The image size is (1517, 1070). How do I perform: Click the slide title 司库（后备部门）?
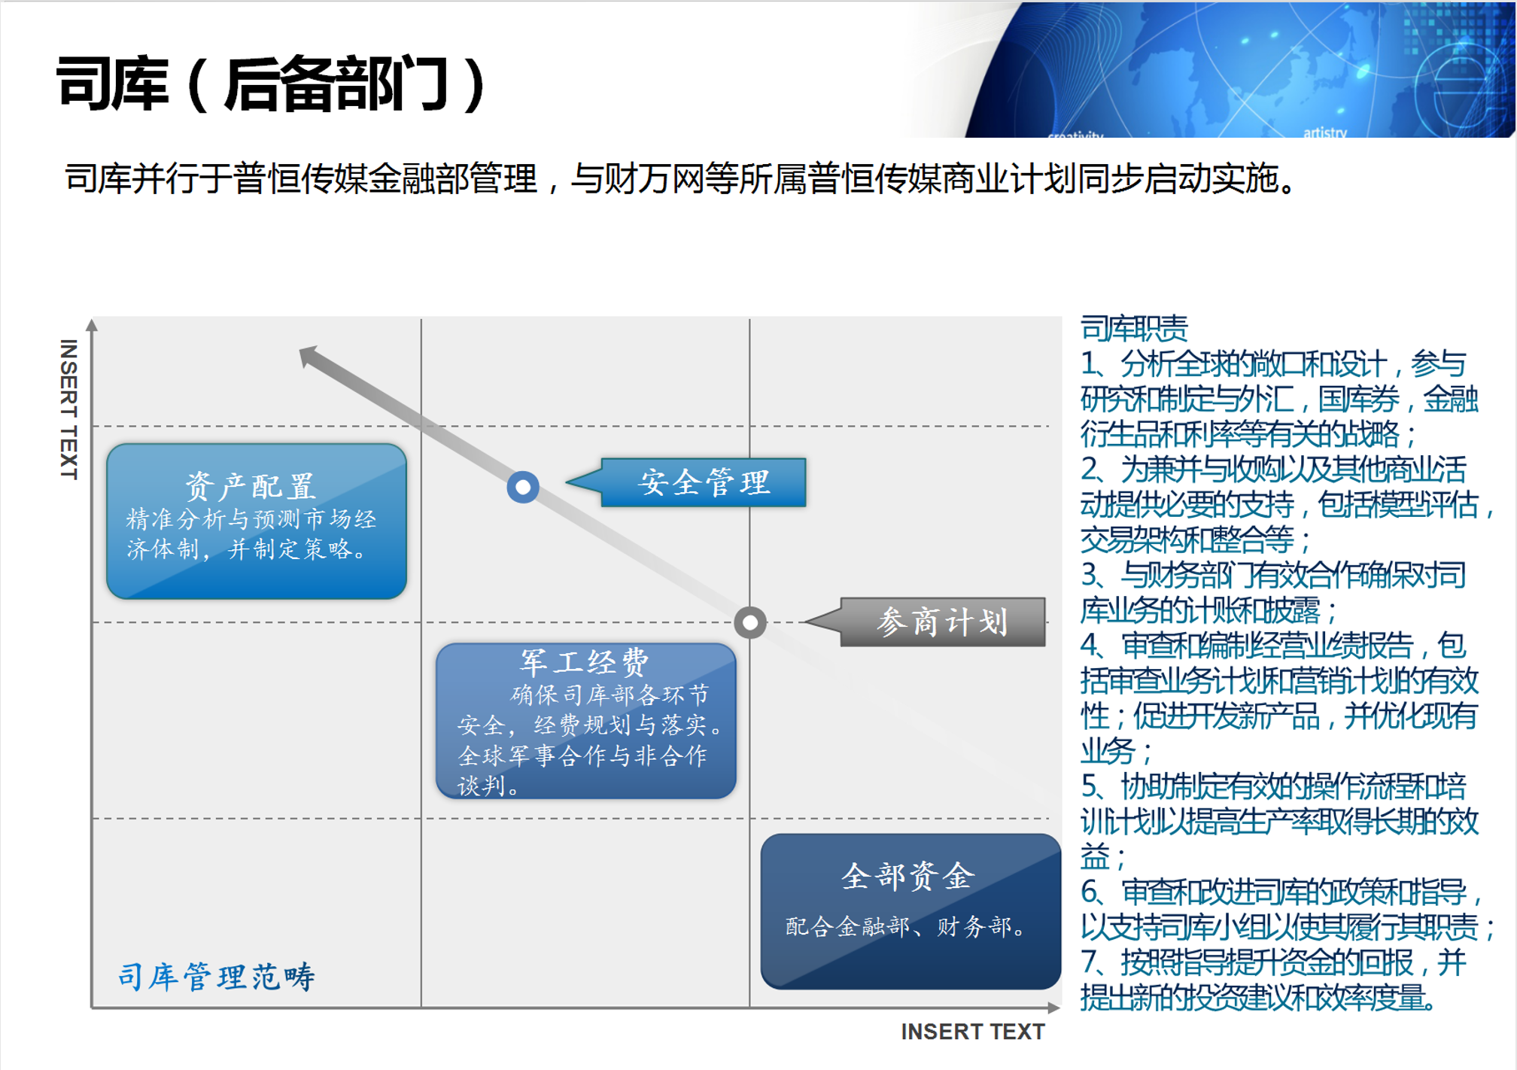point(272,84)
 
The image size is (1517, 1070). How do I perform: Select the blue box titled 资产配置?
point(257,521)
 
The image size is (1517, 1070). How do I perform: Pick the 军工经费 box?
point(585,720)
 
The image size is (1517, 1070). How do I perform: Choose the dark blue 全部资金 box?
point(911,910)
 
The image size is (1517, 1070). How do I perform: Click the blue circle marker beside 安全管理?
point(523,487)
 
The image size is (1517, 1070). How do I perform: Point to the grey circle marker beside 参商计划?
point(750,622)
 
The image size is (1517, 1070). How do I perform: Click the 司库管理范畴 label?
point(217,976)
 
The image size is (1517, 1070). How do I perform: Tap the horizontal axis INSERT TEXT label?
point(973,1032)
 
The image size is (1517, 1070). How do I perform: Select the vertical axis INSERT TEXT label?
point(68,409)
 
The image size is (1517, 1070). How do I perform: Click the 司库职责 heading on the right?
point(1134,328)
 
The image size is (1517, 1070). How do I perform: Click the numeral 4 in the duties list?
point(1089,646)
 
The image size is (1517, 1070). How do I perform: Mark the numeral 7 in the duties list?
point(1089,962)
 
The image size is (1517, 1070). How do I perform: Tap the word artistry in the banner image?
point(1325,132)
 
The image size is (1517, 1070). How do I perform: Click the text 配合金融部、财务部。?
point(907,926)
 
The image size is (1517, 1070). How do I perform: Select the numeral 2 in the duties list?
point(1089,470)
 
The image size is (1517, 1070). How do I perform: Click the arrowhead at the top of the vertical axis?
point(92,325)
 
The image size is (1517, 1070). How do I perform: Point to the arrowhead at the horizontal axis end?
point(1054,1008)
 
